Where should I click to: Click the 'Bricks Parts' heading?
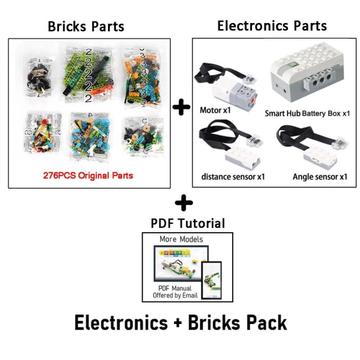(x=86, y=26)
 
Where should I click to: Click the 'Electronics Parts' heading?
(x=272, y=25)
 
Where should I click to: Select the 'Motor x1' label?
(x=215, y=110)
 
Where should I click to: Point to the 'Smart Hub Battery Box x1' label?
(x=307, y=114)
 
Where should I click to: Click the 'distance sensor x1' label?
(x=233, y=176)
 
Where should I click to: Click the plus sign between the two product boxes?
(x=181, y=107)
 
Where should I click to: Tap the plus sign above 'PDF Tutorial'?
(x=184, y=202)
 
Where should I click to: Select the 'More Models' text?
(x=181, y=239)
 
